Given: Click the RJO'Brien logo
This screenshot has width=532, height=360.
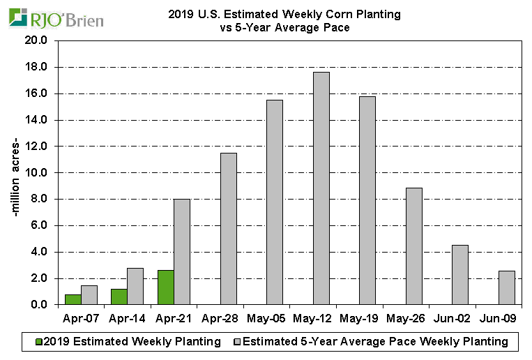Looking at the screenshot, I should tap(56, 18).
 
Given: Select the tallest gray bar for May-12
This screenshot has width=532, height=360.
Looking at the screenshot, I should tap(321, 188).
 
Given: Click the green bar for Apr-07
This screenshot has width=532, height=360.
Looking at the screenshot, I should tap(73, 299).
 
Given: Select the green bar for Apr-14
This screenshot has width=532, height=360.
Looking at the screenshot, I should tap(119, 297).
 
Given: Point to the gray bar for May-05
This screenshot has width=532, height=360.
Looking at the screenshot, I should tap(275, 202).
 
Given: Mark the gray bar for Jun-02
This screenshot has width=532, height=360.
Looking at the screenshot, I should tap(459, 275).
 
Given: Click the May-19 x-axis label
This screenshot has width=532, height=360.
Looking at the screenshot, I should tap(360, 319).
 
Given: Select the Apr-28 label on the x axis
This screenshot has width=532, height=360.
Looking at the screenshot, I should tap(220, 319).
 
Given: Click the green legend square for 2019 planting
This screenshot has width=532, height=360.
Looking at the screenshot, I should tap(39, 342).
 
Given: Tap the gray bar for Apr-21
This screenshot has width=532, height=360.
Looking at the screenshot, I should tap(181, 252).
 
